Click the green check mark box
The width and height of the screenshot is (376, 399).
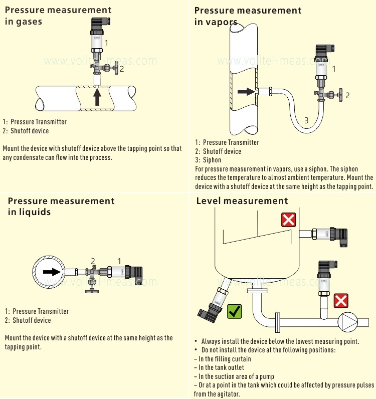click(234, 311)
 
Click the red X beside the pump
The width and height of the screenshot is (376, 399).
click(341, 301)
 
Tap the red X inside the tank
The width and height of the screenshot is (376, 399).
click(288, 220)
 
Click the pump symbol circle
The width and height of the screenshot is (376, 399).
click(348, 322)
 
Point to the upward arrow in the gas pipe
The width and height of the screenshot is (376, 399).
click(97, 97)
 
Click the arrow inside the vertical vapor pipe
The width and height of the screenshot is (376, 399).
click(246, 92)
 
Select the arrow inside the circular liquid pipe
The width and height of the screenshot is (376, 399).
click(52, 272)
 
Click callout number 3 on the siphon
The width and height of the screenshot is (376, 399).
click(306, 120)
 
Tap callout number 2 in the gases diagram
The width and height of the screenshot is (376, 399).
click(122, 69)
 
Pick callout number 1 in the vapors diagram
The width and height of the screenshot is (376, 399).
click(334, 69)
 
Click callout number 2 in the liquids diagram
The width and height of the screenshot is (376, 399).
click(93, 261)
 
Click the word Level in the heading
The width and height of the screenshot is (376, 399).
click(208, 201)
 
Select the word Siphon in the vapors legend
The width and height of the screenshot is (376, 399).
click(212, 160)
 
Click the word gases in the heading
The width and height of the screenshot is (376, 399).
click(29, 22)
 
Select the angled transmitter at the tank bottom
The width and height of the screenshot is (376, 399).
click(214, 301)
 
